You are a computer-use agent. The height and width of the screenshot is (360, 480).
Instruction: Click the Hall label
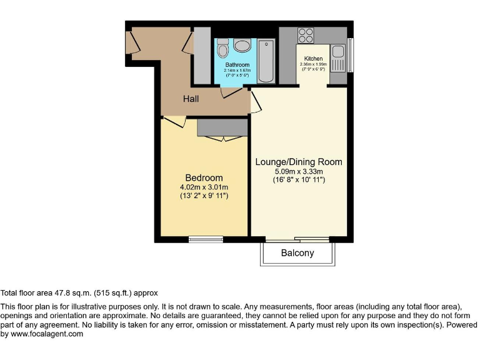[191, 99]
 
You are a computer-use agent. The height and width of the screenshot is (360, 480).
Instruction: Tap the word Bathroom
[237, 65]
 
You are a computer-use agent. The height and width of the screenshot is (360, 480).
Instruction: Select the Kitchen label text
[313, 59]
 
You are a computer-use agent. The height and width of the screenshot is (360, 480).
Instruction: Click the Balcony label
[297, 253]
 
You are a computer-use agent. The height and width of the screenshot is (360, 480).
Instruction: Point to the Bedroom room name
[204, 177]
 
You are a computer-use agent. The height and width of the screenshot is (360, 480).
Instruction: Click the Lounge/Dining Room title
[299, 162]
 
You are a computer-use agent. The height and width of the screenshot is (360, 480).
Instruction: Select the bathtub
[266, 61]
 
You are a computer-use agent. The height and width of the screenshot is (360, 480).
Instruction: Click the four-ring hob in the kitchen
[306, 34]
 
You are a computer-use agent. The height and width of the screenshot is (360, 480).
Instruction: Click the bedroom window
[206, 237]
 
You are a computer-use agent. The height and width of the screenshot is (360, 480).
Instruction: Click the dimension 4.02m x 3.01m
[204, 187]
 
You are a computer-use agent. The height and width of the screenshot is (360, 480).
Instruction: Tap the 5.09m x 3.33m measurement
[299, 171]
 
